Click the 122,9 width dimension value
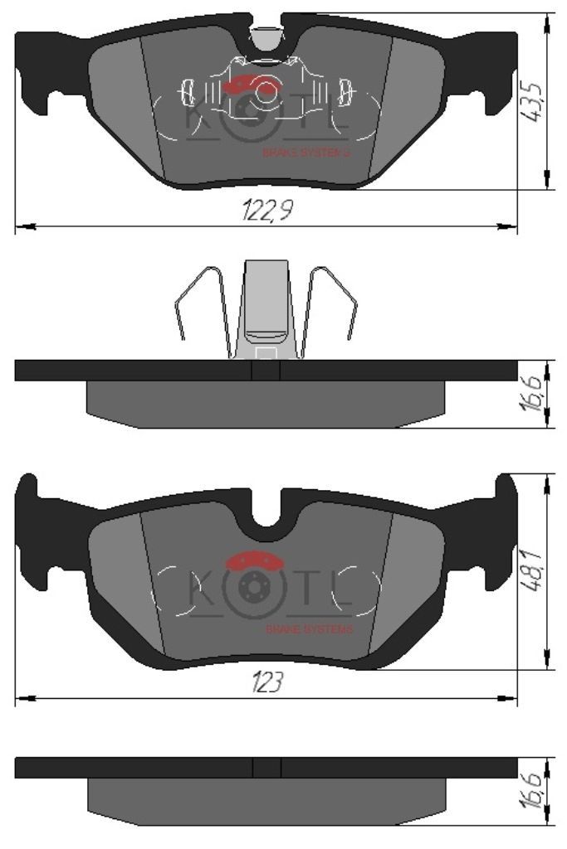267,210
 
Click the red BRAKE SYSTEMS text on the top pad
306,153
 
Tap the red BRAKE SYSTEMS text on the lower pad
309,629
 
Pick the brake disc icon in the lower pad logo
252,587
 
